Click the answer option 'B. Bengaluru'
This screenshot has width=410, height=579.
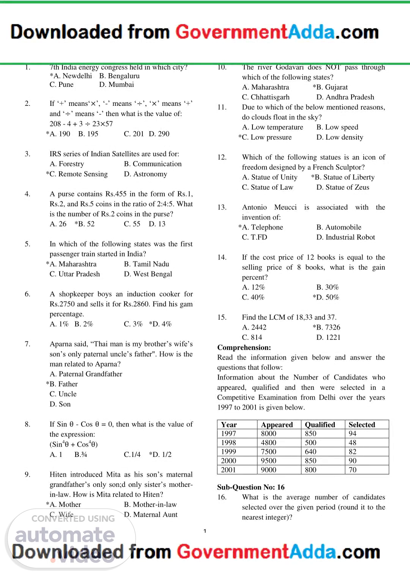[x=119, y=76]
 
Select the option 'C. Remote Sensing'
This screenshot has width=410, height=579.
[x=78, y=174]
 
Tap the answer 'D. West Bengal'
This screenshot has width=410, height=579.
[x=148, y=274]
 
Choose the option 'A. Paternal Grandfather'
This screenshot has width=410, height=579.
[x=86, y=374]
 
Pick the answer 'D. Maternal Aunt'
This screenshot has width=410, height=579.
[x=151, y=515]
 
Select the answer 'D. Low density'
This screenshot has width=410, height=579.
[x=340, y=137]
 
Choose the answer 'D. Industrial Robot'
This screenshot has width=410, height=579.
[x=345, y=238]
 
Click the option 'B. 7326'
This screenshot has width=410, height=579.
[x=328, y=327]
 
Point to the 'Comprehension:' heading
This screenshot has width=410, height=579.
[x=244, y=348]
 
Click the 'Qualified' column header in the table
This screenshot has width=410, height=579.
[x=320, y=425]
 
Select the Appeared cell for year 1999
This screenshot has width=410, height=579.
[x=269, y=452]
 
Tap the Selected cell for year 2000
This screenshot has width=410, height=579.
[x=353, y=461]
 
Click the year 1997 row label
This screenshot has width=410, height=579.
[x=229, y=434]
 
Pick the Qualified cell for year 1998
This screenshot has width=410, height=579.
[x=311, y=443]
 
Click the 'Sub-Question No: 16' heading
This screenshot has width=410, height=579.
[x=251, y=487]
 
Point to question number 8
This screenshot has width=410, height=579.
[x=28, y=424]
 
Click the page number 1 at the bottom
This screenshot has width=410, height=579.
[x=205, y=531]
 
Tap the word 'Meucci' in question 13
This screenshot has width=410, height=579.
[x=285, y=208]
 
